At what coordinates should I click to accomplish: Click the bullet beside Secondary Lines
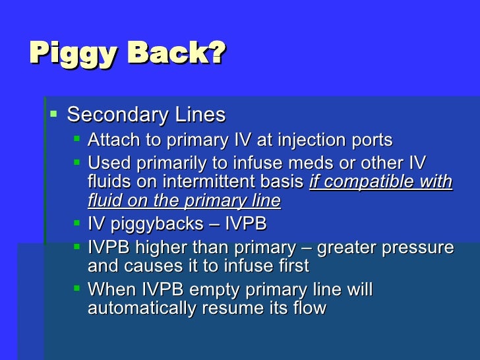pyautogui.click(x=54, y=113)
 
